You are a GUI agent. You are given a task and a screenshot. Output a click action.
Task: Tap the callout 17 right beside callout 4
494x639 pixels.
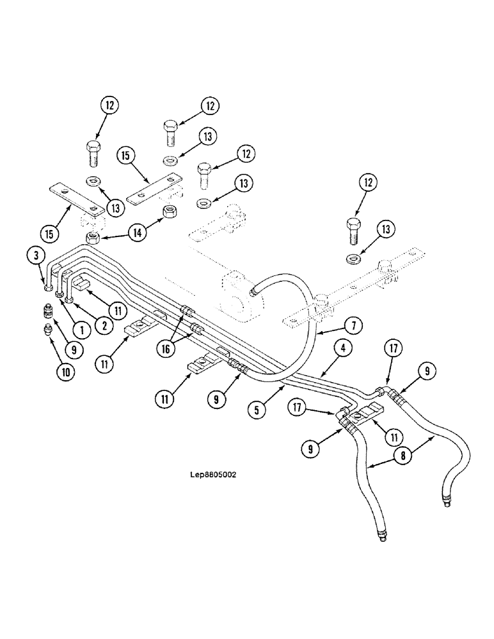pos(394,349)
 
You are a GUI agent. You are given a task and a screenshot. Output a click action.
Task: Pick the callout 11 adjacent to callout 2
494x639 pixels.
pos(118,311)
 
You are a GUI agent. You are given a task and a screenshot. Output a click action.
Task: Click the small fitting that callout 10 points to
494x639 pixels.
pos(47,330)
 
